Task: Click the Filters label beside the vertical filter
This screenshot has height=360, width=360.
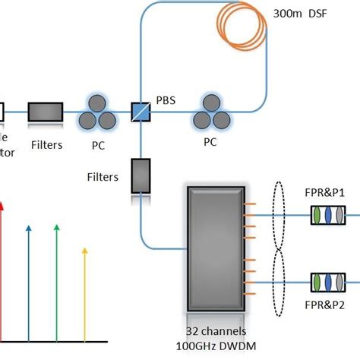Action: (102, 177)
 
